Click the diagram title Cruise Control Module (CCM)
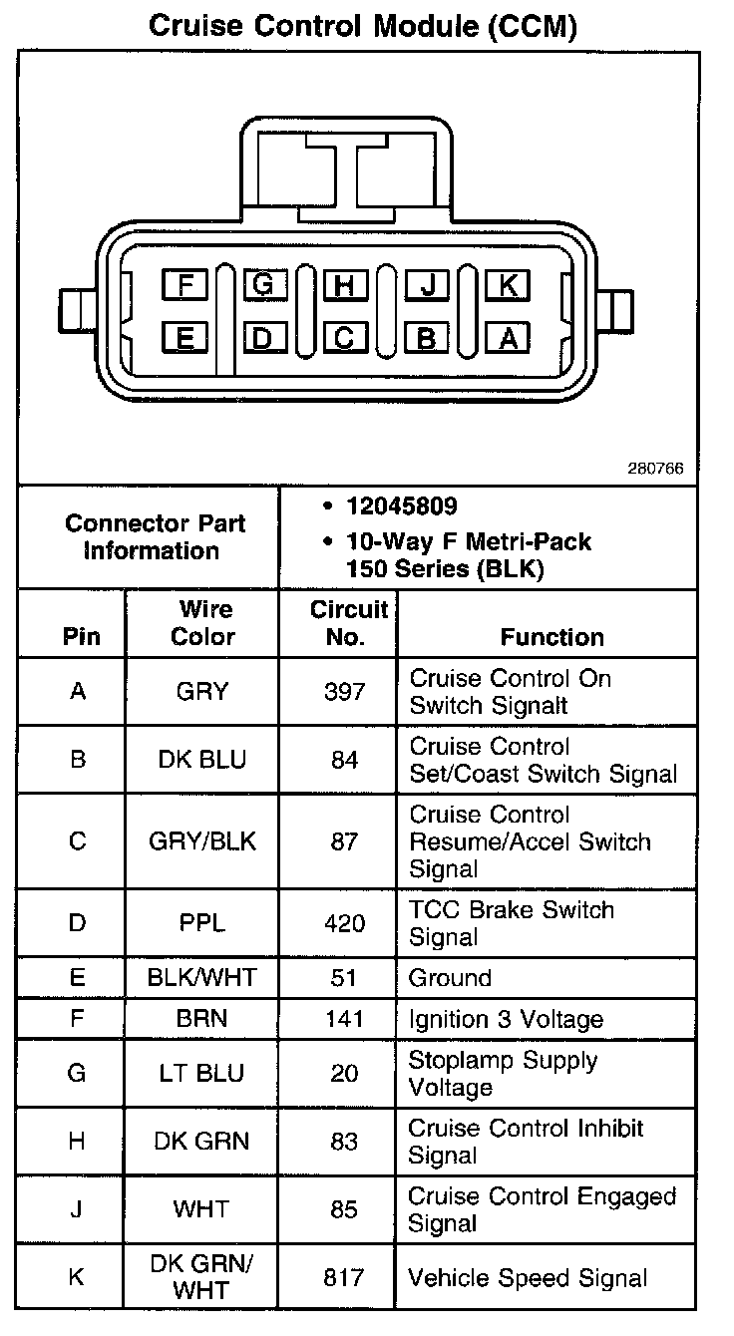363,27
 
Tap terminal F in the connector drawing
184,286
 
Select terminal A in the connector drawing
508,339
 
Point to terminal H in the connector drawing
345,286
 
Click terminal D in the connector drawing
263,339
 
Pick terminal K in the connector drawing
508,286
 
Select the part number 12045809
402,506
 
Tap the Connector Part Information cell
155,536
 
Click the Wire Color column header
203,623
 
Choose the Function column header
551,636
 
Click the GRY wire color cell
202,691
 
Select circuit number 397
344,691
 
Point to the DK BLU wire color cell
202,760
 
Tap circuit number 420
344,923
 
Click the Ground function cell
451,978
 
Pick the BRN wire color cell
202,1019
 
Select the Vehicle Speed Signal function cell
528,1278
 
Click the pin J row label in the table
77,1209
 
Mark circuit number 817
344,1278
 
